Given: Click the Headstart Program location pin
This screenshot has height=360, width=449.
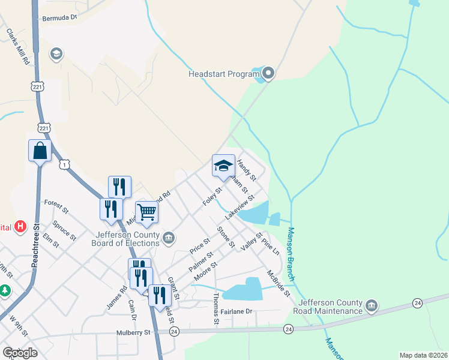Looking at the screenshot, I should (268, 74).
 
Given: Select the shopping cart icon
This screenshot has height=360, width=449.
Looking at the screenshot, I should (146, 212).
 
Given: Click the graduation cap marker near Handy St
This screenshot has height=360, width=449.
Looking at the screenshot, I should (223, 166).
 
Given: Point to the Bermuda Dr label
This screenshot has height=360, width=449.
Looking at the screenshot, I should (60, 18).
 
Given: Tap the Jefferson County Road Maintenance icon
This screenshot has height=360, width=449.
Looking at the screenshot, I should (372, 307).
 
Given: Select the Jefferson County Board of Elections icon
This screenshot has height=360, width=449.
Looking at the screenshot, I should (169, 239).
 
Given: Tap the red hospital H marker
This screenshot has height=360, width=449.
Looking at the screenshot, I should (21, 226).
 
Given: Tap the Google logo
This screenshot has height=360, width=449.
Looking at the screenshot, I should (19, 353).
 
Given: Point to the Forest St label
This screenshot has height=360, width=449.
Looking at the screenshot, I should (57, 208).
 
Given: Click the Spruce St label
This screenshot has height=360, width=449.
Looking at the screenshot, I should (64, 230).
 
